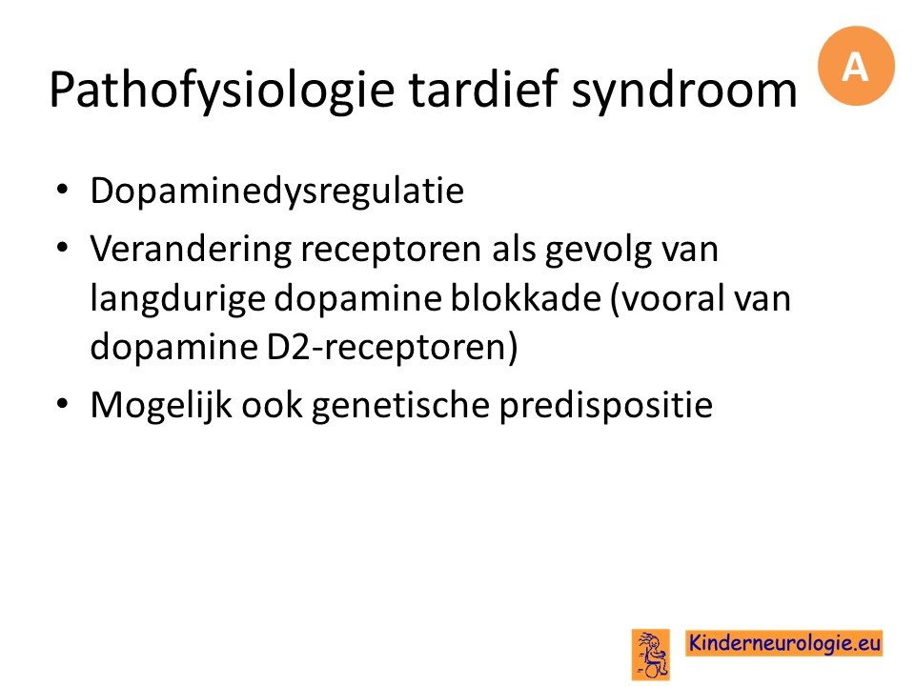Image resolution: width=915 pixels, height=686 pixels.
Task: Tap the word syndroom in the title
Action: tap(684, 91)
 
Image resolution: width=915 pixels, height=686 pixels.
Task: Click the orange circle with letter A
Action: tap(856, 66)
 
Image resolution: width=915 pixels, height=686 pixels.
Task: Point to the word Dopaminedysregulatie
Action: tap(277, 191)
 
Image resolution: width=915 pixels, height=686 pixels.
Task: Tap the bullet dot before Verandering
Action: tap(63, 248)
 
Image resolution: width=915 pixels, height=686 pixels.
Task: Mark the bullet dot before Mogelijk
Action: tap(63, 403)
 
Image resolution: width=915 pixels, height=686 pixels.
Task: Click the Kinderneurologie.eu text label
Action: tap(783, 643)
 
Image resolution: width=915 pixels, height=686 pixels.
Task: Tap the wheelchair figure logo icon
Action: tap(651, 655)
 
